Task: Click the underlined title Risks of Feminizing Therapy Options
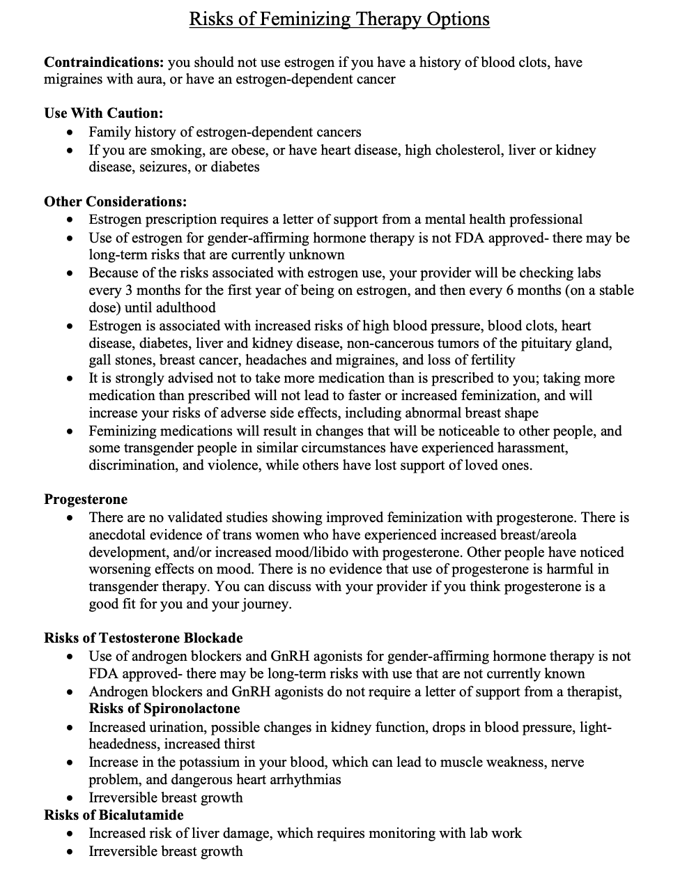tap(339, 19)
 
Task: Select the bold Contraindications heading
tap(104, 62)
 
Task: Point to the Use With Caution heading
tap(103, 114)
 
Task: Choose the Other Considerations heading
tap(115, 202)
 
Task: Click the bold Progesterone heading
tap(86, 500)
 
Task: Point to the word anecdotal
tap(120, 535)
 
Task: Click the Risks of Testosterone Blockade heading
tap(144, 638)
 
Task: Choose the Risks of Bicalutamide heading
tap(114, 816)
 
